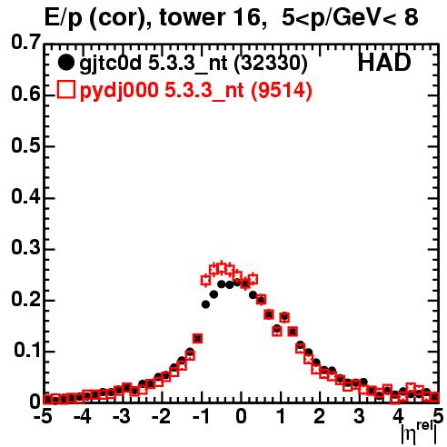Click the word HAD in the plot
[x=384, y=63]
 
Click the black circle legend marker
[x=65, y=63]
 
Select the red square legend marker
[x=65, y=90]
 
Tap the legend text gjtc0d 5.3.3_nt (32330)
[x=194, y=64]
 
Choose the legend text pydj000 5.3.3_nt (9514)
[x=195, y=91]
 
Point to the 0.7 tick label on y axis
[x=26, y=42]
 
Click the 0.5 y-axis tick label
[x=26, y=145]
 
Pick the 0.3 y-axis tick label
[x=26, y=248]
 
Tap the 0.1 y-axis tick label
[x=27, y=351]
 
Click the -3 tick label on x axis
[x=122, y=416]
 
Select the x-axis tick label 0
[x=241, y=416]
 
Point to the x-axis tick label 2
[x=319, y=416]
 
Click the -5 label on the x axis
[x=43, y=416]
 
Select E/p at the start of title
[x=64, y=18]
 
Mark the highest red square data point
[x=222, y=268]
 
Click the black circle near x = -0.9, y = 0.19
[x=205, y=304]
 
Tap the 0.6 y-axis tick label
[x=26, y=94]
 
